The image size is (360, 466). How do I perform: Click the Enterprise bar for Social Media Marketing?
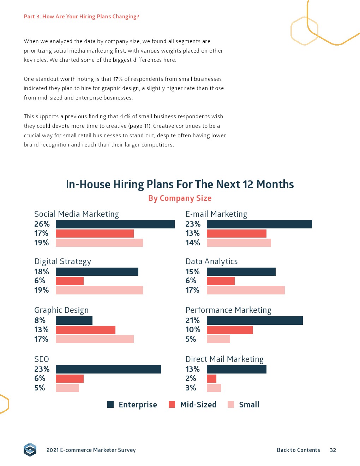click(115, 224)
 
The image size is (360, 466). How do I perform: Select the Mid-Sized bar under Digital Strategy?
click(70, 281)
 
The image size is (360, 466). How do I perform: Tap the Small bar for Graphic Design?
click(95, 339)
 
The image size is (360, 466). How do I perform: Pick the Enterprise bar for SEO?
click(108, 369)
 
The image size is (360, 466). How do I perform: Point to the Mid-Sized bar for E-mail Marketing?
click(236, 233)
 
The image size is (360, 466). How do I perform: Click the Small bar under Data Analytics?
click(246, 290)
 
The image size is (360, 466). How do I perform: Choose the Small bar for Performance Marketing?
click(218, 339)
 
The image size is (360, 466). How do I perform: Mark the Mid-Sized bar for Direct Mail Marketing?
click(211, 379)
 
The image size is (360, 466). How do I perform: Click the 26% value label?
click(42, 224)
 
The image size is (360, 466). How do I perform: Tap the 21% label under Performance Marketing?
click(193, 321)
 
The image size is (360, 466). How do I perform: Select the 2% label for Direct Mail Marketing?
click(191, 378)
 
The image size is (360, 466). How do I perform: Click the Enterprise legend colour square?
click(110, 405)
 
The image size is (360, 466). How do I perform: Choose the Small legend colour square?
click(231, 405)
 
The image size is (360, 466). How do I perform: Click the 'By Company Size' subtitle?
click(180, 198)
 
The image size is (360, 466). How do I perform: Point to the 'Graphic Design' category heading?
click(61, 310)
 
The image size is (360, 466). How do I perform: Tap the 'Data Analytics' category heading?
click(211, 261)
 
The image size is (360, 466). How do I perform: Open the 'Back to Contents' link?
click(298, 450)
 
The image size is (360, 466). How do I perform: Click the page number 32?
click(333, 450)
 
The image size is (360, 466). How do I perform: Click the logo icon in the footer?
click(30, 449)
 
